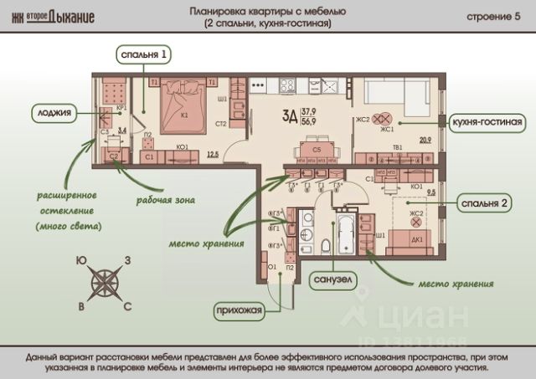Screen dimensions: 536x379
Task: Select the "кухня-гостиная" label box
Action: (488, 122)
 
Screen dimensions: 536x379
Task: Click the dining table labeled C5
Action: (317, 151)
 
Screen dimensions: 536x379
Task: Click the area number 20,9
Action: (425, 140)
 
